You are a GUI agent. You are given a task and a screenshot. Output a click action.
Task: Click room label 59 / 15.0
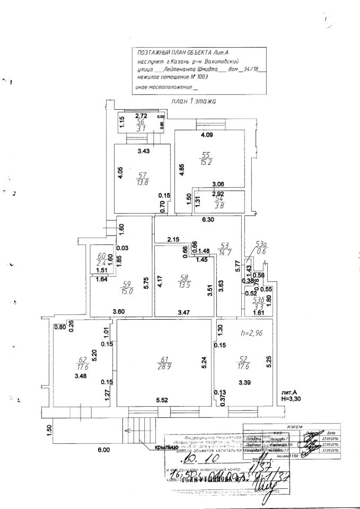126,287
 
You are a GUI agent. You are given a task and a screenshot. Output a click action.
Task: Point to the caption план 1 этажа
194,101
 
